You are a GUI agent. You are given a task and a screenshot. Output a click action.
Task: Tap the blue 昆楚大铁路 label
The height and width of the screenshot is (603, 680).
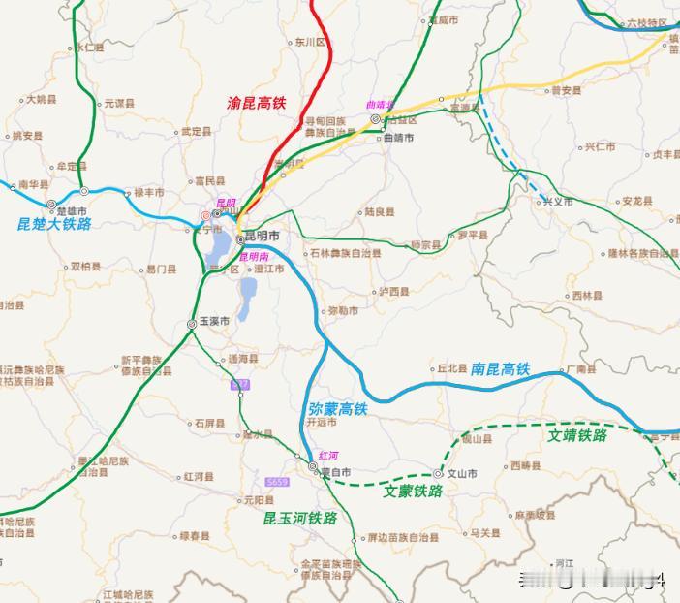point(54,223)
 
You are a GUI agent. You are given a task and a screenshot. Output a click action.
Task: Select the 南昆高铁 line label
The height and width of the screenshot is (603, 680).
point(501,369)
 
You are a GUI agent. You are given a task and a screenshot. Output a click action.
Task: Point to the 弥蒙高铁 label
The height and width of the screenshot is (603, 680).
point(338,409)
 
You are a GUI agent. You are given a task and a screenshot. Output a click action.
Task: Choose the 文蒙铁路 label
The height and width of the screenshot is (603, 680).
point(414,492)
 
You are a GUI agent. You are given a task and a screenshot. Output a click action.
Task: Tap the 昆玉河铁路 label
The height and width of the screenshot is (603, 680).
point(300,519)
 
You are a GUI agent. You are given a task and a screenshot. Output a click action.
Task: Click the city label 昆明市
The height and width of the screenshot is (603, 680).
point(262,237)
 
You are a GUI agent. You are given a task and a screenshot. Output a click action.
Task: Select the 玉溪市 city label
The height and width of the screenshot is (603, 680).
point(214,322)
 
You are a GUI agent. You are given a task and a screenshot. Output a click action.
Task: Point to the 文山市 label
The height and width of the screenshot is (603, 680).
point(461,474)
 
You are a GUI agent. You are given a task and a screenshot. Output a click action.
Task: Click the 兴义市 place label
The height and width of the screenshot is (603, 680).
point(557,202)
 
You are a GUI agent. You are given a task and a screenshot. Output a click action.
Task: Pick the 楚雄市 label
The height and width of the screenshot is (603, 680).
point(74,211)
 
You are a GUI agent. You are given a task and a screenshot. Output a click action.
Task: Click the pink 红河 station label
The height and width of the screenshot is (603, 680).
point(328,456)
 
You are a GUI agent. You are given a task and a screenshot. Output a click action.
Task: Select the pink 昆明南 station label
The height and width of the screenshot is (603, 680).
point(254,257)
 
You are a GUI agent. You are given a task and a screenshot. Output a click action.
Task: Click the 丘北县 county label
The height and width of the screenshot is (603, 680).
point(451,368)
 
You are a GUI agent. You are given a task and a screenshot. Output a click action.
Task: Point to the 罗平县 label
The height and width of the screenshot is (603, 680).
point(475,235)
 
